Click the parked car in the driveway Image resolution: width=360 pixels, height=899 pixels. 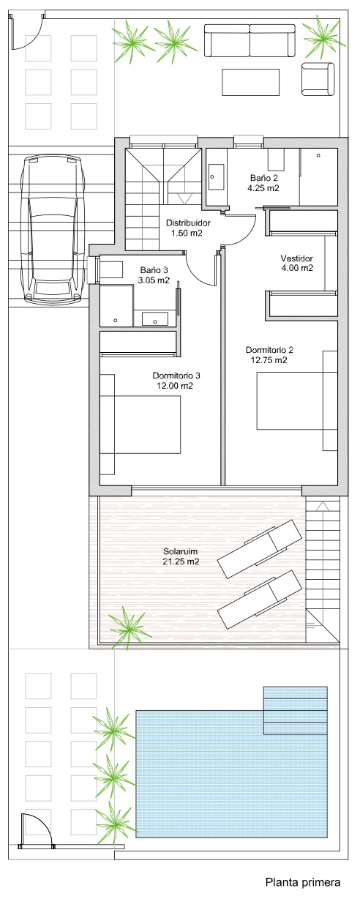[x=55, y=228]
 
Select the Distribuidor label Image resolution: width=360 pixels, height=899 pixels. [x=188, y=223]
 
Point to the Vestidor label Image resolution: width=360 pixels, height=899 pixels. [x=296, y=258]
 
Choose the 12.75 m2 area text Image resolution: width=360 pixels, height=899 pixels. [x=269, y=360]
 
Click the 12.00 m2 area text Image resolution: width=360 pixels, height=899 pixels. [x=175, y=386]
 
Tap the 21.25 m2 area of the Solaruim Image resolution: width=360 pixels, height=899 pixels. [x=181, y=562]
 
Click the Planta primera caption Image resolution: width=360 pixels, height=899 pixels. [x=303, y=882]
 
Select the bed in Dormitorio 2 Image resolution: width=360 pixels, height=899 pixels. [x=296, y=400]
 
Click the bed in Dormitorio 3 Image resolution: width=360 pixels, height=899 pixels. [x=140, y=424]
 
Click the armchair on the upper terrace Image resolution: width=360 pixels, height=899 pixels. [x=318, y=79]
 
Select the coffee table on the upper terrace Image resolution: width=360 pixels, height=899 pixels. [x=250, y=82]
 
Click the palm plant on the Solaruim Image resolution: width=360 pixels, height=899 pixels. [x=130, y=627]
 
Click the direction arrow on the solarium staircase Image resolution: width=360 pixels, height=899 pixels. [x=321, y=507]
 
